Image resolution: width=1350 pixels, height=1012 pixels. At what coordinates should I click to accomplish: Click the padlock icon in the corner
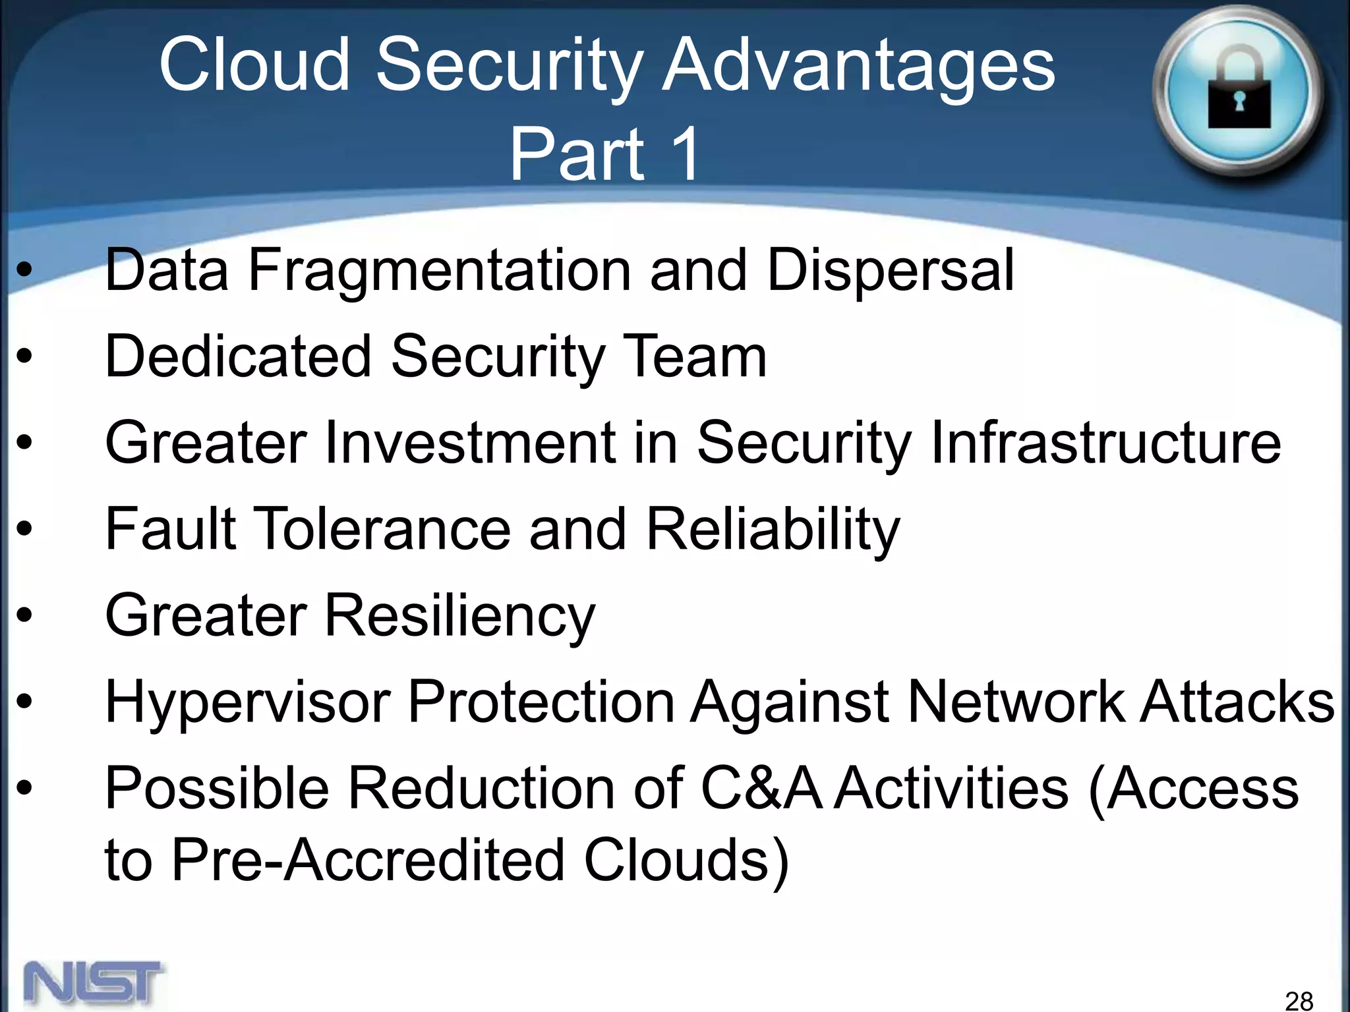point(1238,92)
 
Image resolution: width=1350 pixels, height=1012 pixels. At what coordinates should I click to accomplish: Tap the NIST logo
point(93,983)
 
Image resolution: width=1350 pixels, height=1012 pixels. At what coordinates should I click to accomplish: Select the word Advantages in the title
point(858,66)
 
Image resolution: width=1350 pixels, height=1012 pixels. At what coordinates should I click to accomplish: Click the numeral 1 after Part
point(683,154)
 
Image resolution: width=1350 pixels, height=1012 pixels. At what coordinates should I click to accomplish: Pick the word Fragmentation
point(439,270)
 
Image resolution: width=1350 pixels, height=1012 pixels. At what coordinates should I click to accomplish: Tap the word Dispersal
point(890,270)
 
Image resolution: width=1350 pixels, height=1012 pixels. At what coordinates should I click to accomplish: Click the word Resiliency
point(459,615)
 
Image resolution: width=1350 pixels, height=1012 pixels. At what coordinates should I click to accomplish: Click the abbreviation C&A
point(761,788)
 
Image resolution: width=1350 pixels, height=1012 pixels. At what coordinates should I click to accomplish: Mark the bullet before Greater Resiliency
point(24,615)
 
